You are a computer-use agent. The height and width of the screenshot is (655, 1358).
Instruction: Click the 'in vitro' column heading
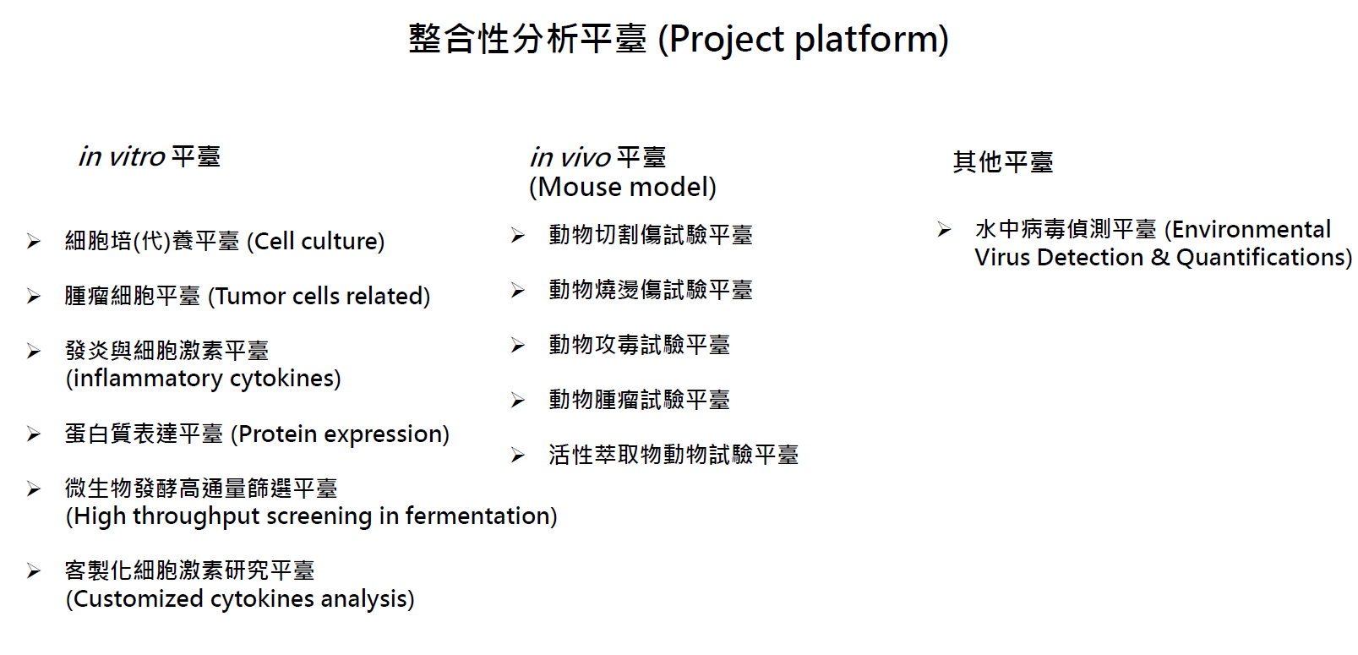(122, 157)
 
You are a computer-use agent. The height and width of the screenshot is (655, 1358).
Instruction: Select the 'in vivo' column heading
(570, 158)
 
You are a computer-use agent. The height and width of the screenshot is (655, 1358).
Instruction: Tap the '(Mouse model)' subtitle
(623, 188)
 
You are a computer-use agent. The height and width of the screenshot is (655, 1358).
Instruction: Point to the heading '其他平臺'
(1003, 162)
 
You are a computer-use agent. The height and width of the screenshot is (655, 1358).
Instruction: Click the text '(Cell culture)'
(315, 242)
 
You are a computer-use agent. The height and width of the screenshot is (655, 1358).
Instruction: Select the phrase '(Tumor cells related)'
(319, 297)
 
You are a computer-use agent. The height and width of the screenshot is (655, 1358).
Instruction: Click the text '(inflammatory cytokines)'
(203, 379)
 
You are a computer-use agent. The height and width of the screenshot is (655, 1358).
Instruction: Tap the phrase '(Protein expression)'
(340, 434)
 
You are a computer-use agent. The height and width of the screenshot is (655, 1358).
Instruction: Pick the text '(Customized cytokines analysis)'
(240, 599)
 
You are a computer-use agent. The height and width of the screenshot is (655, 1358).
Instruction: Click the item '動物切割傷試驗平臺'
(651, 235)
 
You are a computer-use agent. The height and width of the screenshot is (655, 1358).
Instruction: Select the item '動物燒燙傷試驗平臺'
(651, 290)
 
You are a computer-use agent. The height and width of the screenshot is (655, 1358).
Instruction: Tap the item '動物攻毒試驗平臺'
(639, 345)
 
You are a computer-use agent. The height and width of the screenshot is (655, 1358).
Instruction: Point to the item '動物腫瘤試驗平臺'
(639, 400)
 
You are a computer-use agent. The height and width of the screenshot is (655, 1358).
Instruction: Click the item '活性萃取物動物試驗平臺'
(674, 455)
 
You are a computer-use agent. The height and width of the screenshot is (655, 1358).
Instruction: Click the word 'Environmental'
(1252, 230)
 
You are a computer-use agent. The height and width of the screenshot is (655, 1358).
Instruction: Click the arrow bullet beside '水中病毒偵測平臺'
(944, 229)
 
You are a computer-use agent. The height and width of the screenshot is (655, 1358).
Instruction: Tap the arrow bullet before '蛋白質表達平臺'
(34, 434)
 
